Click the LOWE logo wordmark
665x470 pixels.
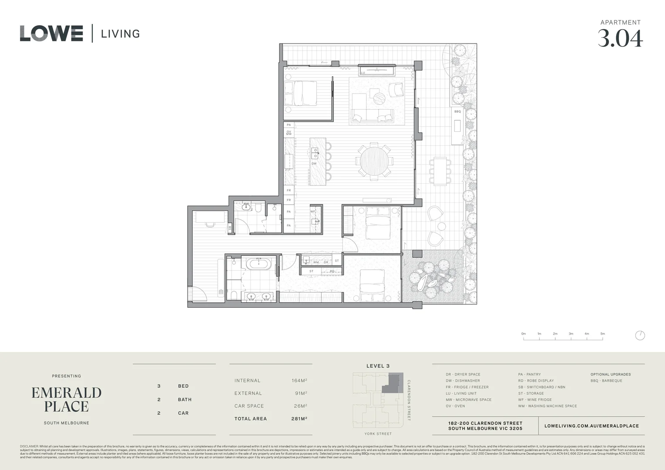[x=51, y=34]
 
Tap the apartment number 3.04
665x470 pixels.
[x=620, y=38]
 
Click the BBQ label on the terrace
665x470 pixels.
[x=457, y=111]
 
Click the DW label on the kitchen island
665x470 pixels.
[x=314, y=164]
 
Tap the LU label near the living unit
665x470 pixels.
[x=363, y=73]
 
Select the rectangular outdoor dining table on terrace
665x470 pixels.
[x=440, y=171]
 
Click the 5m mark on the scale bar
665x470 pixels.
[x=602, y=334]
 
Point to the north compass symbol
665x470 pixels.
[x=640, y=336]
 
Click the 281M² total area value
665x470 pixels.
[x=299, y=419]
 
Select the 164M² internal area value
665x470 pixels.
[x=299, y=380]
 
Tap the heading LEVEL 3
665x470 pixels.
[x=378, y=366]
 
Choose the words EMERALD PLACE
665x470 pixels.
[x=66, y=399]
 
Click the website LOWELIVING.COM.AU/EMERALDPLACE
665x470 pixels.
[x=591, y=426]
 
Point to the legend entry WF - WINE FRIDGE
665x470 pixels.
[x=534, y=399]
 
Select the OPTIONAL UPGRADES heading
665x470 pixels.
[x=610, y=374]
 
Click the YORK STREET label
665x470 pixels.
[x=378, y=434]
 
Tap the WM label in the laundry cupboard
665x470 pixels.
[x=316, y=262]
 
